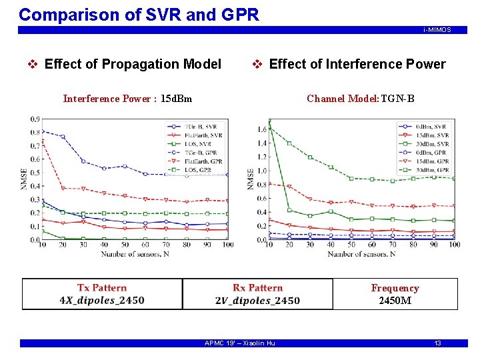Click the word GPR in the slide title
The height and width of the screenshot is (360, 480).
236,14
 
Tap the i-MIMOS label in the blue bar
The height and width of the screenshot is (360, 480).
437,30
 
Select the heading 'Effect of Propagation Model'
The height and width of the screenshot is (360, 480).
133,64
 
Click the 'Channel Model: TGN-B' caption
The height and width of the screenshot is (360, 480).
361,99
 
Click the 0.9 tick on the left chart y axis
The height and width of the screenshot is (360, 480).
33,119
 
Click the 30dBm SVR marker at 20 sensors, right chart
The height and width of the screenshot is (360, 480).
289,209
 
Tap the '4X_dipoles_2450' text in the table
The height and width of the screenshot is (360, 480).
102,300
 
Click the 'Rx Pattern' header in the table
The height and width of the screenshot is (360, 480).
257,288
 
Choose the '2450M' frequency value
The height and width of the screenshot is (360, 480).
395,300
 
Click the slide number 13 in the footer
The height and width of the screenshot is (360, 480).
437,343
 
